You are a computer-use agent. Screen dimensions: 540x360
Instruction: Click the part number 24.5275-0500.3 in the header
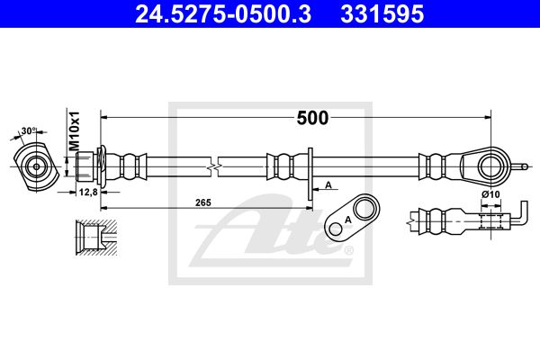point(223,14)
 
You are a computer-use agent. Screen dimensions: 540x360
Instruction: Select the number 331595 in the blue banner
point(382,14)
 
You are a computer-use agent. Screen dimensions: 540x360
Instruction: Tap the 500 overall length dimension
point(312,118)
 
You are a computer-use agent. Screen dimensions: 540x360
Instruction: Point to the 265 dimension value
point(203,202)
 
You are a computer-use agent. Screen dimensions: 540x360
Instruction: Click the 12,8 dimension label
point(88,192)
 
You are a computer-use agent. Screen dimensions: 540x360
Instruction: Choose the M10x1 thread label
point(74,130)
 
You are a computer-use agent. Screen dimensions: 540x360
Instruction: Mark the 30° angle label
point(29,130)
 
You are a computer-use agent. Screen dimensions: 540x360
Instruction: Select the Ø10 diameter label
point(490,194)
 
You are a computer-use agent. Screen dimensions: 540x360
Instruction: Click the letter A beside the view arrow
point(328,185)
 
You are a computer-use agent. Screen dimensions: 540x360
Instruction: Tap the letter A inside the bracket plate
point(348,220)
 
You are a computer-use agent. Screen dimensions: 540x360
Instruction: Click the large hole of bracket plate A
point(364,209)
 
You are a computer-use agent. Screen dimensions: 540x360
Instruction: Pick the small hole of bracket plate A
point(335,229)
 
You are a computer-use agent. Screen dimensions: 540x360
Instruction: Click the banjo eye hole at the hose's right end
point(490,167)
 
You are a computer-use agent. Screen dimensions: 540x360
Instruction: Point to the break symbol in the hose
point(214,167)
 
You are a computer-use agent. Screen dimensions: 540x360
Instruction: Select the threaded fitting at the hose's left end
point(85,167)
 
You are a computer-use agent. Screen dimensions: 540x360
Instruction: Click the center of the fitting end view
point(36,167)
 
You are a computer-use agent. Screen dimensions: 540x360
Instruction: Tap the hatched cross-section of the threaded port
point(96,238)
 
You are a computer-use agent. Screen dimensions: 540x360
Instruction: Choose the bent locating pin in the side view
point(520,213)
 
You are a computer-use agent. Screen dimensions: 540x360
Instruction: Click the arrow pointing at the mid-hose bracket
point(325,189)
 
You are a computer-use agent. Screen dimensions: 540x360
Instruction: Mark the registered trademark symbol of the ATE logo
point(349,250)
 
